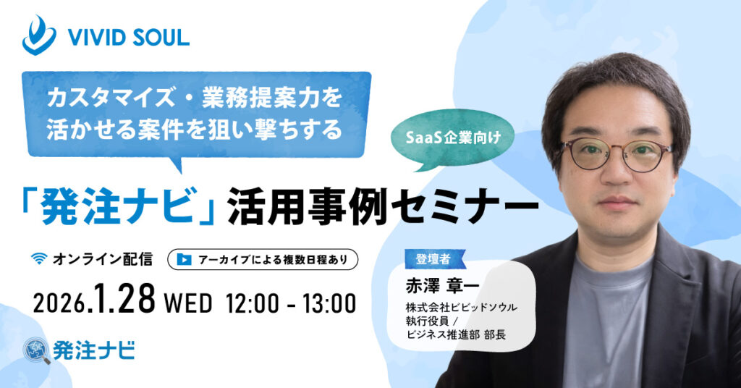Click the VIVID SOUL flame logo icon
pos(38,35)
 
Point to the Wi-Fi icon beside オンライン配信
pos(41,258)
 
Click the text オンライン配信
pos(102,258)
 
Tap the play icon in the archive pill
pos(185,258)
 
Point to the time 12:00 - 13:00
pos(291,302)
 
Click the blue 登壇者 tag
pos(433,258)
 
